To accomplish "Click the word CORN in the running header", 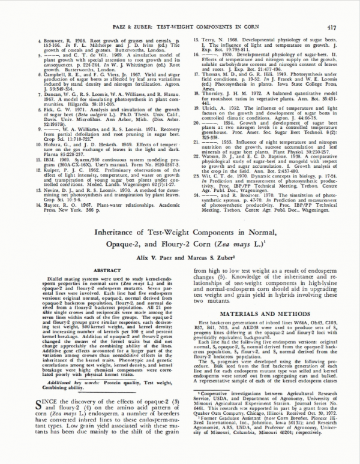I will [235, 10].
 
